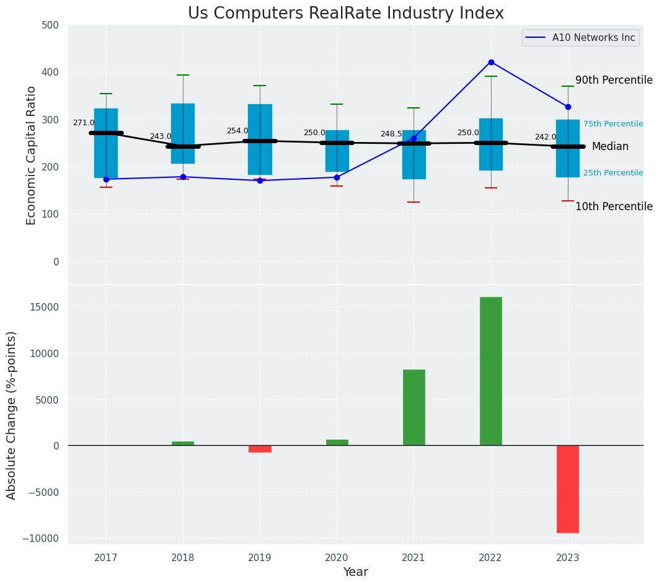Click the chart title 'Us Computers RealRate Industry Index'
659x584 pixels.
[x=346, y=14]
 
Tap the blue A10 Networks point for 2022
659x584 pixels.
[x=491, y=62]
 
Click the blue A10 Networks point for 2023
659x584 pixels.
[x=568, y=107]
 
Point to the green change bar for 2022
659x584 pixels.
[x=491, y=371]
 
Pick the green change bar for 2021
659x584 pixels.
[x=414, y=407]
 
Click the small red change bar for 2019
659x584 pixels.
[x=260, y=448]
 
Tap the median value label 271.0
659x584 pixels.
[x=84, y=123]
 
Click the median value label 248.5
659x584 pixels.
[x=391, y=134]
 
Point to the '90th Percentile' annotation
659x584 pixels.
[x=614, y=81]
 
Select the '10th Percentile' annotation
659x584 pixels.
[x=614, y=206]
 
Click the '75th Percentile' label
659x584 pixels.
[x=613, y=124]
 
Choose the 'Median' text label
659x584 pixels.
[x=610, y=147]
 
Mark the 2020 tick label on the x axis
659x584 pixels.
[x=337, y=557]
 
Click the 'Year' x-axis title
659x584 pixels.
[x=356, y=572]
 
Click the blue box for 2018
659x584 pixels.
[x=183, y=133]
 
